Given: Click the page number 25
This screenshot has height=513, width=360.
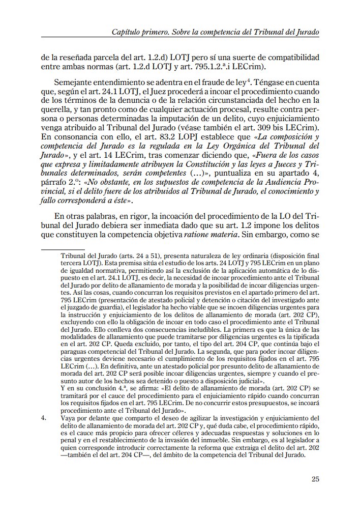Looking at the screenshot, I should pyautogui.click(x=314, y=478).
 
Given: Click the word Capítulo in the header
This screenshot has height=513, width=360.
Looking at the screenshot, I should pyautogui.click(x=127, y=32).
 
